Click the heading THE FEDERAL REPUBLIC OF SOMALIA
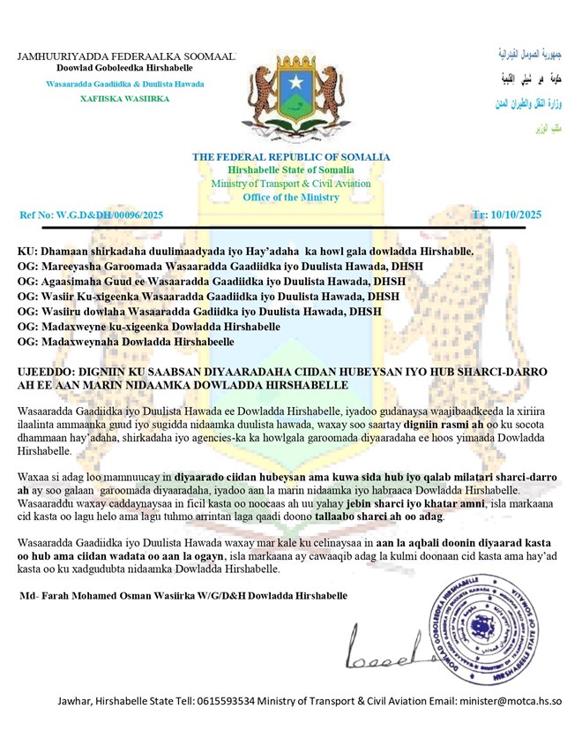click(x=291, y=157)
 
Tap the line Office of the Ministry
click(x=291, y=197)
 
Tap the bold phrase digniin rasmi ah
click(x=443, y=424)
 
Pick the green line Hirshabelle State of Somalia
click(x=291, y=170)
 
